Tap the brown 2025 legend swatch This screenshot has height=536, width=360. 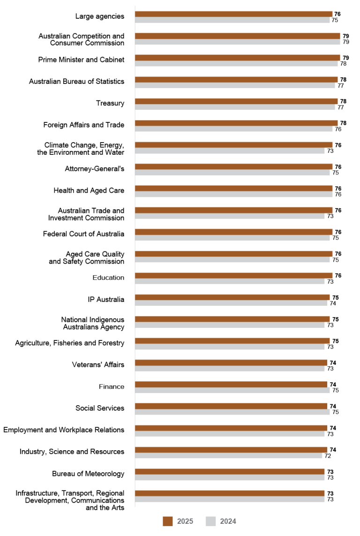point(168,521)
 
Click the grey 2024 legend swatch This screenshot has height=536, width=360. point(211,521)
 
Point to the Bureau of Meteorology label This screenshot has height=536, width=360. point(88,474)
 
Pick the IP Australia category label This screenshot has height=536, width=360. point(106,299)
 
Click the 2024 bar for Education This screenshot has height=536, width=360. point(230,282)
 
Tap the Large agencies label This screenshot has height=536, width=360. point(100,16)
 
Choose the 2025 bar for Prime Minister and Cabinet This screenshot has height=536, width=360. point(237,58)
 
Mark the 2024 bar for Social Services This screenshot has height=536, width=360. point(232,412)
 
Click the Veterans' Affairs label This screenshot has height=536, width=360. point(98,364)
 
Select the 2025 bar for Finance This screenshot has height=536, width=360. point(231,385)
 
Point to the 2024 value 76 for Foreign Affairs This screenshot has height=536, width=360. point(337,129)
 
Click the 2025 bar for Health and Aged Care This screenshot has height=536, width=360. point(233,189)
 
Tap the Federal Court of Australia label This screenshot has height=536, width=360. point(83,234)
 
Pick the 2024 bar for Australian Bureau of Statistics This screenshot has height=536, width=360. point(235,86)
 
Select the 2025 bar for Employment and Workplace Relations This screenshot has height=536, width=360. point(231,428)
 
